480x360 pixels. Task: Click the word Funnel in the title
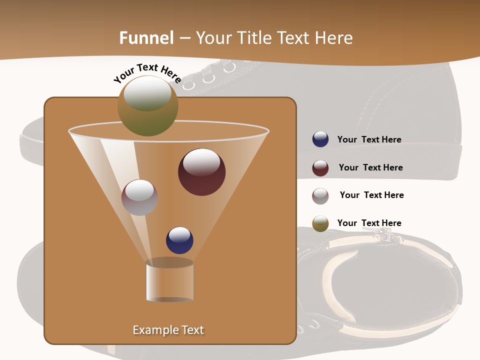pyautogui.click(x=146, y=38)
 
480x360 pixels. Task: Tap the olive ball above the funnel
pyautogui.click(x=148, y=106)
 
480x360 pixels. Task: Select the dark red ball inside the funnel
pyautogui.click(x=202, y=172)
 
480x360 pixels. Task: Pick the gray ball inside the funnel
pyautogui.click(x=139, y=197)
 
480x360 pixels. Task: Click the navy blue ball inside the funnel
pyautogui.click(x=179, y=240)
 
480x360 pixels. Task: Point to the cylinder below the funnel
pyautogui.click(x=169, y=280)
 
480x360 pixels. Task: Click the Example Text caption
pyautogui.click(x=168, y=330)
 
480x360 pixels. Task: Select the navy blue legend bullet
pyautogui.click(x=320, y=139)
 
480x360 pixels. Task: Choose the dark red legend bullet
pyautogui.click(x=320, y=168)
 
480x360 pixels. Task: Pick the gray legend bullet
pyautogui.click(x=320, y=196)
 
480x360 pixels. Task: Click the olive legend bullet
pyautogui.click(x=320, y=223)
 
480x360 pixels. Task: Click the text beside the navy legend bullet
pyautogui.click(x=369, y=140)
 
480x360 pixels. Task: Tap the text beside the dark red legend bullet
pyautogui.click(x=370, y=168)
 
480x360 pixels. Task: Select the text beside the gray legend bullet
pyautogui.click(x=371, y=195)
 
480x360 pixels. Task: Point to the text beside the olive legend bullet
pyautogui.click(x=369, y=223)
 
